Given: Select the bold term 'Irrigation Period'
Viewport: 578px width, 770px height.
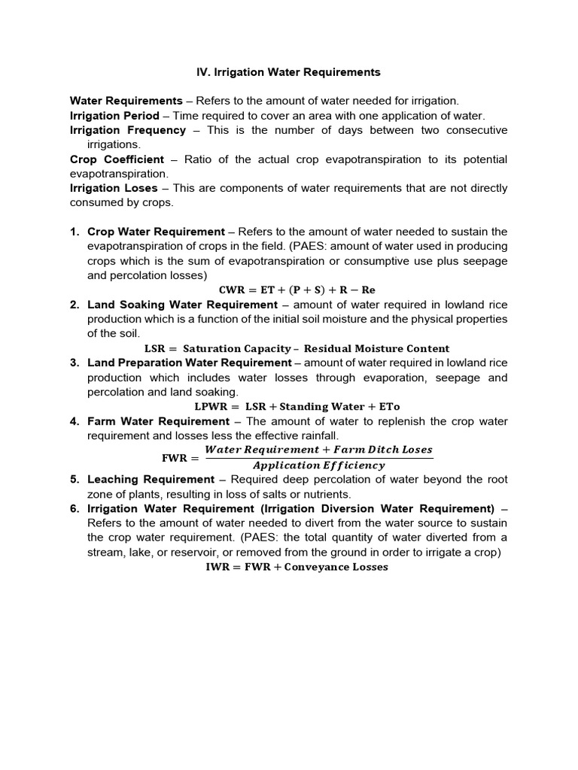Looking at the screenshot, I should pos(114,116).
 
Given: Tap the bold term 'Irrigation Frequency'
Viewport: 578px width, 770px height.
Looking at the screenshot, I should pos(128,130).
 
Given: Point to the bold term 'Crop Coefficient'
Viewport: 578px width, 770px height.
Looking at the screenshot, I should pos(117,159).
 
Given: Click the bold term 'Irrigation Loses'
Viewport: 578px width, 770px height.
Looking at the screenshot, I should pos(114,188).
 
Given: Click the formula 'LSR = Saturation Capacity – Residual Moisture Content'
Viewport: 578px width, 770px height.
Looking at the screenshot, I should pos(296,348).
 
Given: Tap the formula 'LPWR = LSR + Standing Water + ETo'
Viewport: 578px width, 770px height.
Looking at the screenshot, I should pos(297,407).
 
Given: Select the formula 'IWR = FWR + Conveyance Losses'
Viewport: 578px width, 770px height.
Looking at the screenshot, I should pos(297,567).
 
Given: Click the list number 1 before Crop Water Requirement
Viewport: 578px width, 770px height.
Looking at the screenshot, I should pos(75,232).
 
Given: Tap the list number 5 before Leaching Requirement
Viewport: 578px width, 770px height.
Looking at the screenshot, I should pos(75,479).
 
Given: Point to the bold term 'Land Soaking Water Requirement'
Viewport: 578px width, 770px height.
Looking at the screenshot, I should pos(183,305).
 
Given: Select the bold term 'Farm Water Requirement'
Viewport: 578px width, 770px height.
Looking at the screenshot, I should pos(158,421).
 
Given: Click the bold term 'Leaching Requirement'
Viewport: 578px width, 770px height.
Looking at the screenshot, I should pos(151,479).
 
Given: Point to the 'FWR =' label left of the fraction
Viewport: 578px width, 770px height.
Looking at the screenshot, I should pos(178,457).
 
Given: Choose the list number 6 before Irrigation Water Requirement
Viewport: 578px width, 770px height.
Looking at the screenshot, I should pos(75,509).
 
